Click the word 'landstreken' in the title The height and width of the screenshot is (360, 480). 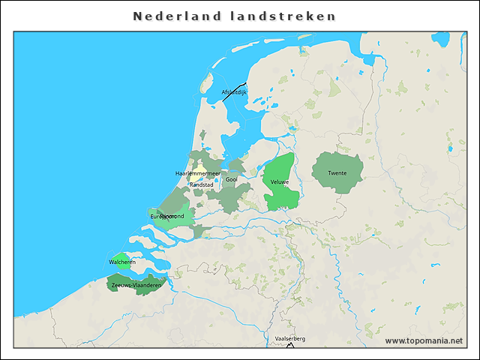coord(283,16)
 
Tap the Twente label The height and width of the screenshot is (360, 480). coord(337,173)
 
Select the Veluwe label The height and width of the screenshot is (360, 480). coord(280,182)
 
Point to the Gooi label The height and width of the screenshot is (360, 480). coord(231,179)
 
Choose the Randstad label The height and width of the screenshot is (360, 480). coord(201,184)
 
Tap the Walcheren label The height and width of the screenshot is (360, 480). coord(122,262)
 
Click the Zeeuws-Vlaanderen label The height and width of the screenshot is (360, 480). coord(136,286)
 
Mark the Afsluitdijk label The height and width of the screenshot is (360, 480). coord(233,92)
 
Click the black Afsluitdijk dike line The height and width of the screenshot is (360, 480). coord(234,91)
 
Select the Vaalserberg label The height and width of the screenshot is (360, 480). coord(290,339)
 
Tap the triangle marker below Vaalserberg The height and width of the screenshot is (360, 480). coord(290,345)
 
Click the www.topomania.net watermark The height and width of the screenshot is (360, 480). coord(424,340)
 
